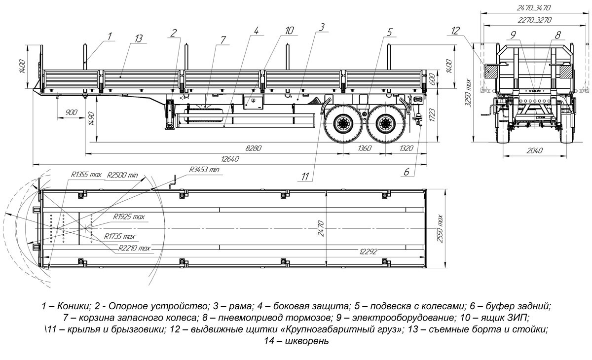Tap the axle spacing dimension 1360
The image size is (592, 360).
tap(364, 147)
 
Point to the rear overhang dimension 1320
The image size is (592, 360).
tap(406, 147)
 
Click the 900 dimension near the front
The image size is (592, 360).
tap(72, 112)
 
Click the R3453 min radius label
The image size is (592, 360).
tap(204, 170)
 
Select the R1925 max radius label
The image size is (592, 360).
tap(129, 217)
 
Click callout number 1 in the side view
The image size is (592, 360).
tap(110, 35)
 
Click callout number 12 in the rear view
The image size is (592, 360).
tap(454, 31)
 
